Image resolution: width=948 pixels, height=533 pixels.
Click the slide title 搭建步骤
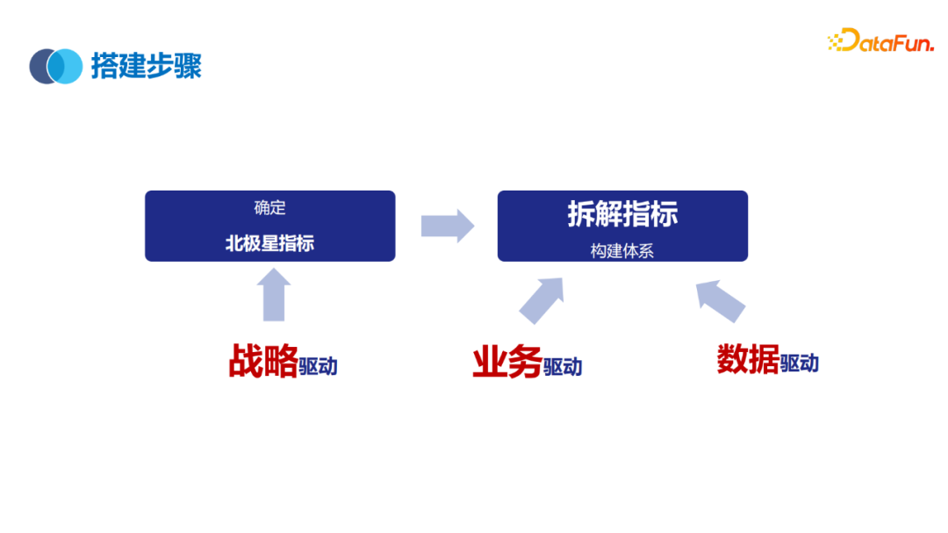click(x=147, y=66)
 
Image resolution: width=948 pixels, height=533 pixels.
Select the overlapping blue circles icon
click(x=55, y=66)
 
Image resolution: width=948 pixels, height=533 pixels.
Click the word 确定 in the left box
click(x=269, y=208)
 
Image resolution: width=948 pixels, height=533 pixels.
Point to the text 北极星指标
click(x=269, y=243)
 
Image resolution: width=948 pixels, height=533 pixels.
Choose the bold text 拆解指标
click(x=622, y=215)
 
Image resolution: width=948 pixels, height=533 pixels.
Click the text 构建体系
click(x=622, y=250)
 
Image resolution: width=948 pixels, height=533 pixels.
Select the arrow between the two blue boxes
click(x=447, y=226)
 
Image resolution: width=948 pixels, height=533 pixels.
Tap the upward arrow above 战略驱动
click(x=275, y=294)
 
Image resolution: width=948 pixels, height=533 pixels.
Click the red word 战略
click(x=262, y=361)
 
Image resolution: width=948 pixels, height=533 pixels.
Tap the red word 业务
click(x=506, y=362)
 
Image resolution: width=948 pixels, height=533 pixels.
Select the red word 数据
click(x=748, y=359)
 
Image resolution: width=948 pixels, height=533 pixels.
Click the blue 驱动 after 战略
click(x=318, y=366)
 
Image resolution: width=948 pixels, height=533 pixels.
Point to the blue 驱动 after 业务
click(x=562, y=367)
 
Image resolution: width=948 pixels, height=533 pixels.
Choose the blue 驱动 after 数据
click(x=799, y=363)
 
